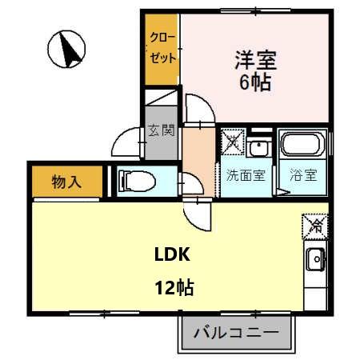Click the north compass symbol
tap(67, 50)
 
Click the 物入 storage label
tap(68, 182)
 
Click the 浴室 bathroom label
tap(303, 175)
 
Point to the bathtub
tap(303, 147)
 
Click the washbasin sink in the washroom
tap(260, 148)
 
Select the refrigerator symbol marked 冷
tap(314, 226)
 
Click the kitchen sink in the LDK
tap(314, 259)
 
